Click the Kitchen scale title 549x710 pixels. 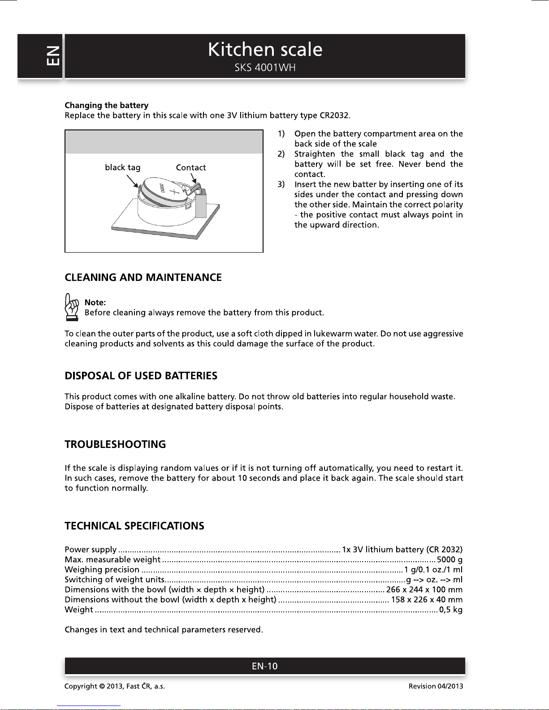265,50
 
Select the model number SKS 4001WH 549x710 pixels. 265,68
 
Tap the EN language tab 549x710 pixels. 52,56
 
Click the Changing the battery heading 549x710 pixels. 106,105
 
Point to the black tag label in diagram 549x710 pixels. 122,168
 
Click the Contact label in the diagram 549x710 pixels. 190,168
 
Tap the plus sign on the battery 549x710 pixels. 175,194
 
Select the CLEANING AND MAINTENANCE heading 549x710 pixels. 143,277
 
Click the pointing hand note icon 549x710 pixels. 72,307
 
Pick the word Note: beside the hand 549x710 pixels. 95,302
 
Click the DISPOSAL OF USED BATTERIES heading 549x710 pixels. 141,376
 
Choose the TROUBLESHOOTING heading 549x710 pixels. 115,444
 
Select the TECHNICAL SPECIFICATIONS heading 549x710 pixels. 134,526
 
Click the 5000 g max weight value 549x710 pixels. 450,559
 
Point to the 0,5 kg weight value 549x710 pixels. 451,610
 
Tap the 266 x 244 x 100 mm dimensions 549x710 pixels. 424,590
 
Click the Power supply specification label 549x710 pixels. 91,550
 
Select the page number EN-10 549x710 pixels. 264,666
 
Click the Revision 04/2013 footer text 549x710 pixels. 436,686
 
